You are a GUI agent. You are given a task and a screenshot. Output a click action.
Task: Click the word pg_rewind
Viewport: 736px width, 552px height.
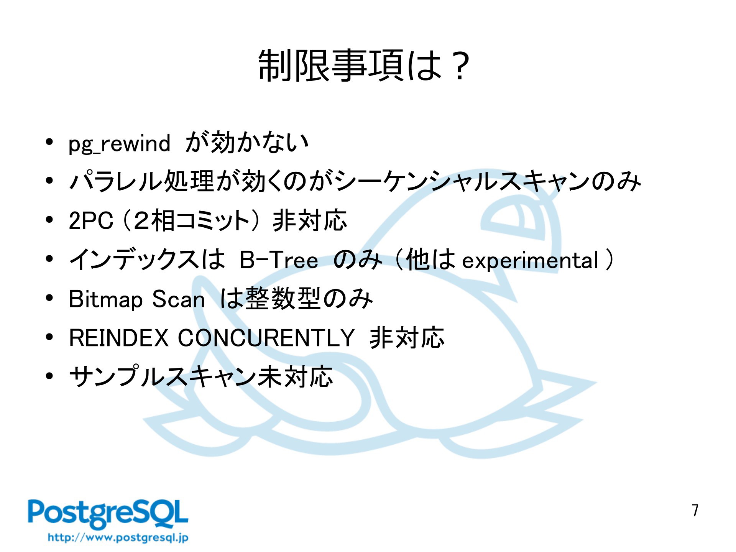tap(119, 144)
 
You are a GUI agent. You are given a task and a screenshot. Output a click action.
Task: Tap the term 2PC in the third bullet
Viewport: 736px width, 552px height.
tap(91, 221)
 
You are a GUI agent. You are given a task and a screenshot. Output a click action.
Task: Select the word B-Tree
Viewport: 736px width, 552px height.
tap(279, 260)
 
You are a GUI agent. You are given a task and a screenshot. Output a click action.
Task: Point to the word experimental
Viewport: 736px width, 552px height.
tap(530, 261)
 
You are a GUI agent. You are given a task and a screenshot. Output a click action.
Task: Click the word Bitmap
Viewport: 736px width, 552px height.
tap(106, 299)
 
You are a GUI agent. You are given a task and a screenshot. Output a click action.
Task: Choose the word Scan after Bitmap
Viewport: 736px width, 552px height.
tap(178, 299)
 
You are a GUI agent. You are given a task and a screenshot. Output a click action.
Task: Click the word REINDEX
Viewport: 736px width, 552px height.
tap(119, 338)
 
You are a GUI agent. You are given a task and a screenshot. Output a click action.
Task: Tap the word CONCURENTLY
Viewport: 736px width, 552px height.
tap(266, 338)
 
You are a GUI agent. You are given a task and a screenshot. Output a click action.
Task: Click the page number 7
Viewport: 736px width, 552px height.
tap(695, 510)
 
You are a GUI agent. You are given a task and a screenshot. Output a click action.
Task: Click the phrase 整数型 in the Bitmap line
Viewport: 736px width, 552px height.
tap(283, 299)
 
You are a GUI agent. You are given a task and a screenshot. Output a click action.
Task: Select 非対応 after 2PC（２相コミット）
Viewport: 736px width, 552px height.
tap(310, 221)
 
